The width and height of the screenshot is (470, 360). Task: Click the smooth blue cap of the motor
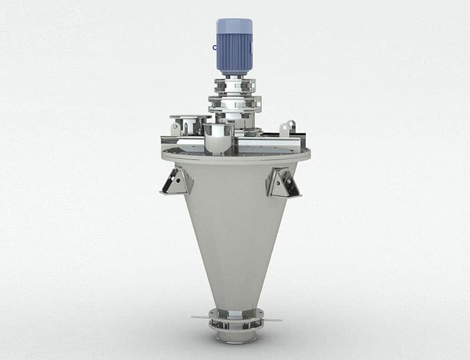pos(234,26)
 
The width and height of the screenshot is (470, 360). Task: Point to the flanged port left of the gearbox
pos(191,118)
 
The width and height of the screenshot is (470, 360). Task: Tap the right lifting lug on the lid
pos(288,127)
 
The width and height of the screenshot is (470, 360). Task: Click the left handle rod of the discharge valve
pos(201,318)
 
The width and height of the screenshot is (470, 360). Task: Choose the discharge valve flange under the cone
pos(236,313)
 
